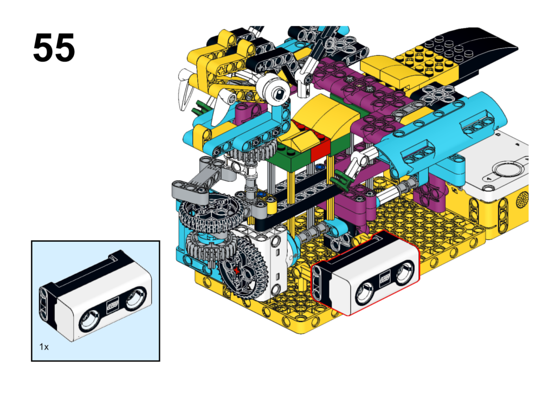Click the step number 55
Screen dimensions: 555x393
tap(54, 48)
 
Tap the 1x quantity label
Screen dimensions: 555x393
tap(44, 346)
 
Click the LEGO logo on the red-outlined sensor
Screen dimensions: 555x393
tap(385, 279)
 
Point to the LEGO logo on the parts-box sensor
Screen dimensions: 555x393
tap(113, 306)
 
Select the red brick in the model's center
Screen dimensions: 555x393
tap(320, 146)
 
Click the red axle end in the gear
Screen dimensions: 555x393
tap(237, 272)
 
